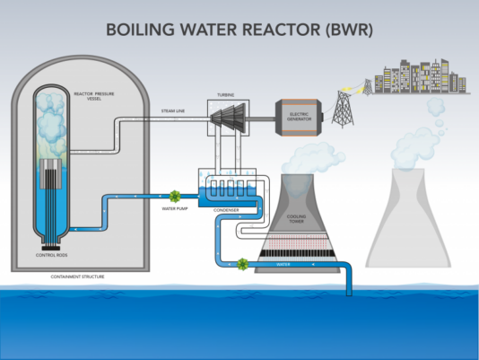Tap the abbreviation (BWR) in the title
pos(344,29)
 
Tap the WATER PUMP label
pos(174,211)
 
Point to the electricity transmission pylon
pos(343,106)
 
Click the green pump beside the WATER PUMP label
pos(176,195)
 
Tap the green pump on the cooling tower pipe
pos(241,264)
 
